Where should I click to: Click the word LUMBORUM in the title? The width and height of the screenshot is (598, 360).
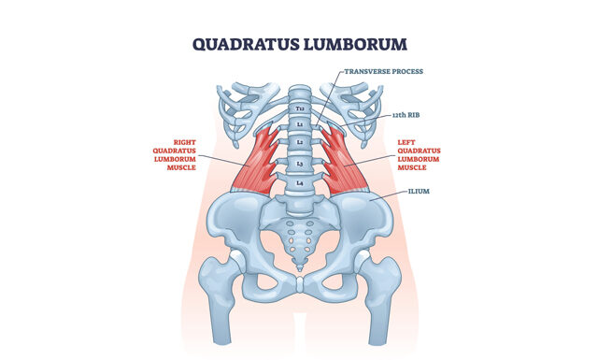click(x=356, y=43)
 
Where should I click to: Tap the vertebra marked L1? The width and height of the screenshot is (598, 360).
click(x=299, y=123)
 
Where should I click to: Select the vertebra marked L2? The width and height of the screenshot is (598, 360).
click(x=299, y=142)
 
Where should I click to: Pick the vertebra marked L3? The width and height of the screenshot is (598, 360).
click(x=299, y=163)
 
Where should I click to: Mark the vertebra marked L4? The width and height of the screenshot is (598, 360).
click(x=299, y=183)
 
